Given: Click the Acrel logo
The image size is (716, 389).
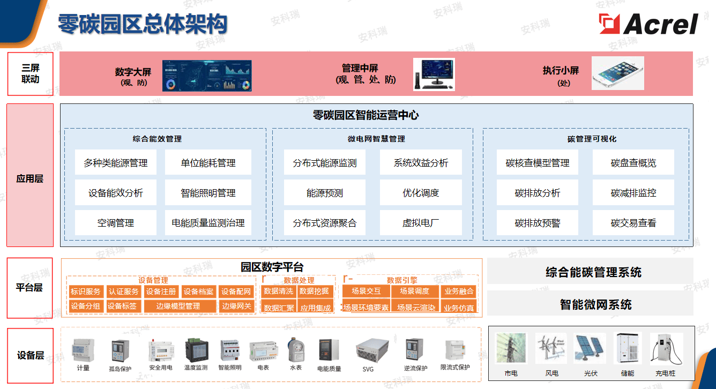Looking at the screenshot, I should (x=648, y=24).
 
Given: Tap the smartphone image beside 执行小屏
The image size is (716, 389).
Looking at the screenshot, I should (x=617, y=73).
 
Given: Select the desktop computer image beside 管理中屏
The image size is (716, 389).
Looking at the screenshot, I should (x=434, y=74).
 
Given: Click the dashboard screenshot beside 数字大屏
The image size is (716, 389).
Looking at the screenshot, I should (x=207, y=76).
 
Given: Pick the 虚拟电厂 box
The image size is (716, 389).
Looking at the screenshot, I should (x=421, y=223).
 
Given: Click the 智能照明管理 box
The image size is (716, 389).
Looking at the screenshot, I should (x=208, y=193).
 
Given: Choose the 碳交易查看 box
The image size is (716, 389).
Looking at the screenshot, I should (x=633, y=223).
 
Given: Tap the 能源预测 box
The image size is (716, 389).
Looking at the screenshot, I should (x=324, y=193).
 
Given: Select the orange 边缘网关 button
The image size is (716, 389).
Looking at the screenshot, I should (x=236, y=306).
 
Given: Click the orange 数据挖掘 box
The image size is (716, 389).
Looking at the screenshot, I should (x=315, y=291).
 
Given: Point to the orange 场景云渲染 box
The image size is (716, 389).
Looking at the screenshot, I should (x=416, y=308).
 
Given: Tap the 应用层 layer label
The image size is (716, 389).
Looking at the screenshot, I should (x=30, y=178).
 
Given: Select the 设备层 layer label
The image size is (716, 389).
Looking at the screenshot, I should (x=30, y=355).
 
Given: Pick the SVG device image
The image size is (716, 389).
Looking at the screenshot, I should (x=368, y=351).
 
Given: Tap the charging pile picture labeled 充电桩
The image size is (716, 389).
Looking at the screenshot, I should (x=665, y=349).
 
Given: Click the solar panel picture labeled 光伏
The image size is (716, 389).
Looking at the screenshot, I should (x=590, y=348).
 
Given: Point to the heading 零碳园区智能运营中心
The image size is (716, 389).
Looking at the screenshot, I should (x=366, y=115).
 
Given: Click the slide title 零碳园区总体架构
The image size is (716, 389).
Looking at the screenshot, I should (x=143, y=24).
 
